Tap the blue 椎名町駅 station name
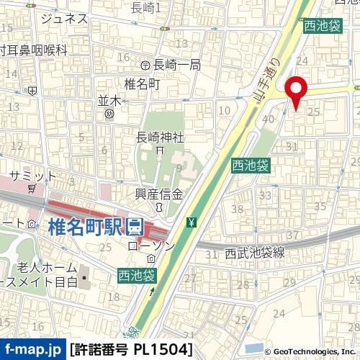(x=86, y=228)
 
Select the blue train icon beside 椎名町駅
(x=134, y=228)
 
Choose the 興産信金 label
(x=160, y=194)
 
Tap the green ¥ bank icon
(x=191, y=221)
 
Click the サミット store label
(x=33, y=176)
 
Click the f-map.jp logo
(x=33, y=350)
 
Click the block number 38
(x=236, y=209)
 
